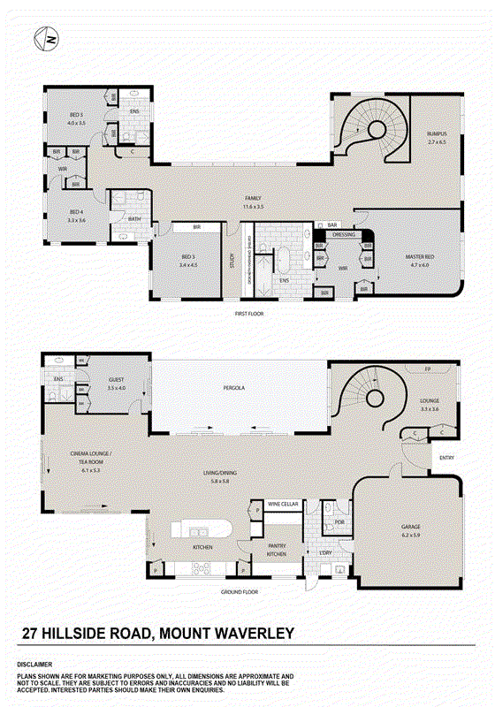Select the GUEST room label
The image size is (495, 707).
[x=117, y=383]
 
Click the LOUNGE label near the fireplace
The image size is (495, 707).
[x=430, y=403]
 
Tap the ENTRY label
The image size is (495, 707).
[x=445, y=458]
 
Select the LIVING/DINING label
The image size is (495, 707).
[x=213, y=475]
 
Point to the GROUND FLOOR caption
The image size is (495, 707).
[x=239, y=592]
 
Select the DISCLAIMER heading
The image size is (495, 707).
[x=33, y=664]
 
